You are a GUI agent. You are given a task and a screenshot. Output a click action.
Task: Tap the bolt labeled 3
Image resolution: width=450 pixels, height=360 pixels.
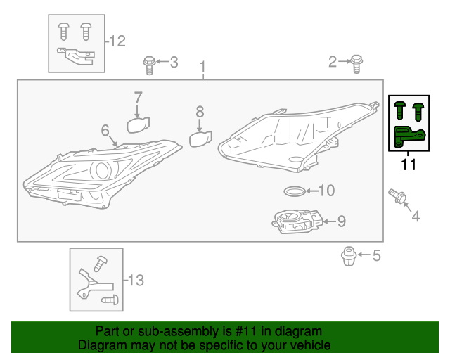coord(149,64)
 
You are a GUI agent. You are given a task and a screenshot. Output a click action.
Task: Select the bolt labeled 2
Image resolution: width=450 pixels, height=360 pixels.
coord(356,63)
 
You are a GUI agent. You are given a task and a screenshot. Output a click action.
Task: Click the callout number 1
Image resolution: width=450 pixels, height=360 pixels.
coord(202,69)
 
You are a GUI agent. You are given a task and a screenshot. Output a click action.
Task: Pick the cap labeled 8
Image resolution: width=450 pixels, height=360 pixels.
coord(200,139)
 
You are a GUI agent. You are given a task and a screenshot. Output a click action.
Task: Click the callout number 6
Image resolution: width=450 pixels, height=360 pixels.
coord(105,131)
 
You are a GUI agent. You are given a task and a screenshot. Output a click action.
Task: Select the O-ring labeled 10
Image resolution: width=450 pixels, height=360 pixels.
coord(295,191)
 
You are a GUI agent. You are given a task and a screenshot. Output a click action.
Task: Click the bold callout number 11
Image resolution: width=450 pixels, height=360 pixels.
coord(409,166)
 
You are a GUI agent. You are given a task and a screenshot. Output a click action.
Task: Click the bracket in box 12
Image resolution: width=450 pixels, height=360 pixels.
coord(75,54)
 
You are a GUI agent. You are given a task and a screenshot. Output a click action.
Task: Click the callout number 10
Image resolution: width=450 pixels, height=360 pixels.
coord(327,191)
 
